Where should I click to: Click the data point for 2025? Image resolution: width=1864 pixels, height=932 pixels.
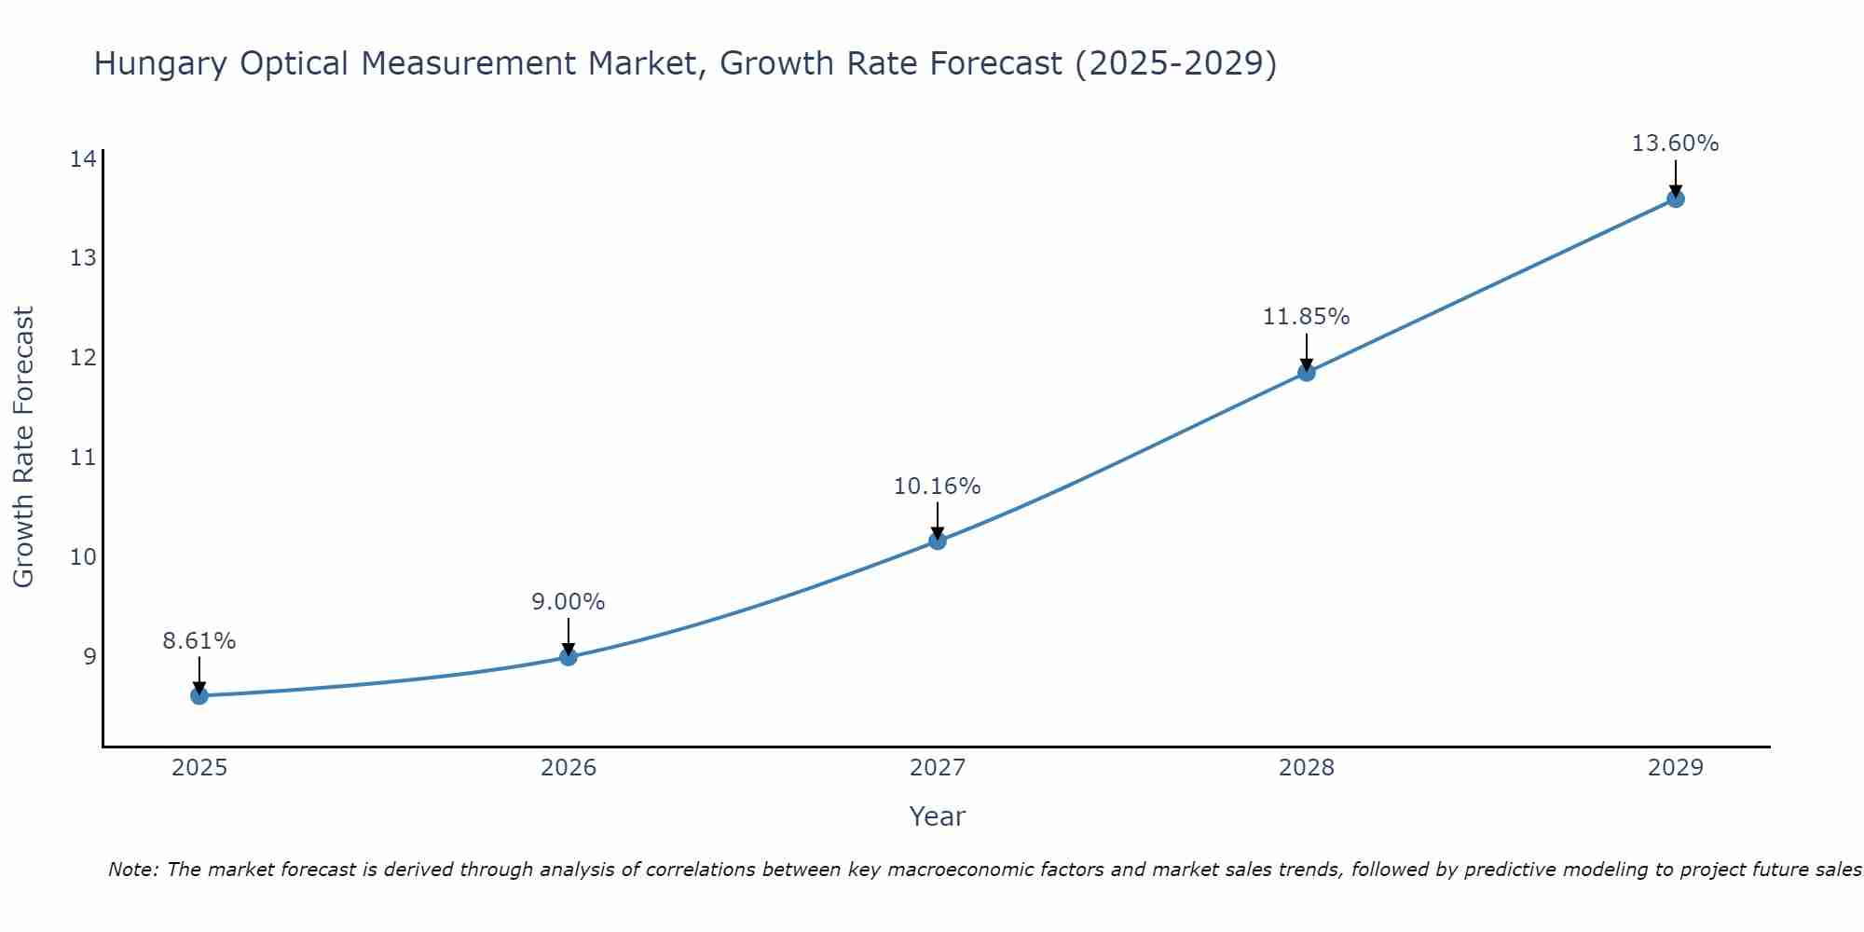[199, 695]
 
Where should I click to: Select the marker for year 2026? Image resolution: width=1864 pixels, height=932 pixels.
[569, 656]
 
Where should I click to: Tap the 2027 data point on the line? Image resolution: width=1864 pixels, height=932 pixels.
[938, 541]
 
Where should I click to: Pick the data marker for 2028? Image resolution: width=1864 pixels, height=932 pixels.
[1307, 373]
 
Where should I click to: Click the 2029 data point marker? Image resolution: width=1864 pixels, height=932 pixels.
[1675, 199]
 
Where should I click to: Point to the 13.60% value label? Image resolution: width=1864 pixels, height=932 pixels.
[1675, 144]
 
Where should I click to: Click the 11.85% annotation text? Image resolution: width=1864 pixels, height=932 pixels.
[1306, 317]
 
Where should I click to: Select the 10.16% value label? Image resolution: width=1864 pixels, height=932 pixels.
[937, 487]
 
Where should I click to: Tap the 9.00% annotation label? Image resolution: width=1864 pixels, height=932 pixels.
[569, 602]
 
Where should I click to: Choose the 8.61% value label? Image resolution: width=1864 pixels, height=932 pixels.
[199, 641]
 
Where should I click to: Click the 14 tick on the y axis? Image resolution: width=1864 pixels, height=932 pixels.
[83, 158]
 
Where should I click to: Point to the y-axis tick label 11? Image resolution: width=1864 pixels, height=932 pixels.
[83, 457]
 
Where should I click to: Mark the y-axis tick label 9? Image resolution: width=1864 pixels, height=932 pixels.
[89, 656]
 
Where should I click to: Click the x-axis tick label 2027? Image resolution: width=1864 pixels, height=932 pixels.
[938, 768]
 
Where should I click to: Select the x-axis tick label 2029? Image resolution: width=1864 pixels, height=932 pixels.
[1675, 768]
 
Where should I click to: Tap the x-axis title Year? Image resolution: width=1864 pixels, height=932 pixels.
[937, 816]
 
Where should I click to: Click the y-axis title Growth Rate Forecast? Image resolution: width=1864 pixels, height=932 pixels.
[24, 447]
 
